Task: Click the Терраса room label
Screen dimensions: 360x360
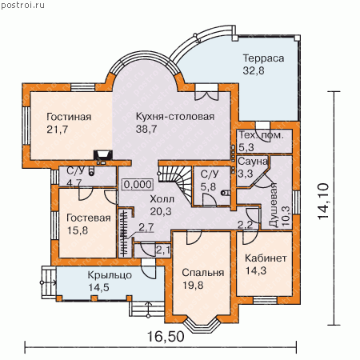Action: click(x=263, y=58)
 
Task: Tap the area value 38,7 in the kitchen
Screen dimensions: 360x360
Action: click(x=146, y=129)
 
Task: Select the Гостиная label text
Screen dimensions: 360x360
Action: click(x=69, y=117)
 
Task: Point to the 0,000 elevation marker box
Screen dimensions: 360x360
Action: click(x=138, y=185)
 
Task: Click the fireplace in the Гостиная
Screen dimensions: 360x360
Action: click(x=103, y=155)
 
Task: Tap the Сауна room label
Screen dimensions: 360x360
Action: click(x=253, y=162)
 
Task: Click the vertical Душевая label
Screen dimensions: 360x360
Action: click(x=274, y=206)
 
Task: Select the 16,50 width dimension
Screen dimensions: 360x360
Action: click(x=166, y=337)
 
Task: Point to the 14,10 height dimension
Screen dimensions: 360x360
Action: click(x=323, y=202)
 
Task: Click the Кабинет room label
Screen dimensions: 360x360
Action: click(x=266, y=258)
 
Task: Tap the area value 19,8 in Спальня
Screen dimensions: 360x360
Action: click(x=193, y=286)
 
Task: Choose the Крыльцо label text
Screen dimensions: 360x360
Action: click(x=110, y=275)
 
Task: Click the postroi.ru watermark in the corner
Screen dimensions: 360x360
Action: click(x=22, y=5)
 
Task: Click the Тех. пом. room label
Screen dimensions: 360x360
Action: click(x=261, y=135)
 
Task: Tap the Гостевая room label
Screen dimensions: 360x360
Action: click(x=89, y=218)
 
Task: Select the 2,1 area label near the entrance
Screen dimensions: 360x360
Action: click(x=162, y=250)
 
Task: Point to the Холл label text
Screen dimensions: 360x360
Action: click(x=162, y=199)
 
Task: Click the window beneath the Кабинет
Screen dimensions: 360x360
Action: click(x=265, y=300)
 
